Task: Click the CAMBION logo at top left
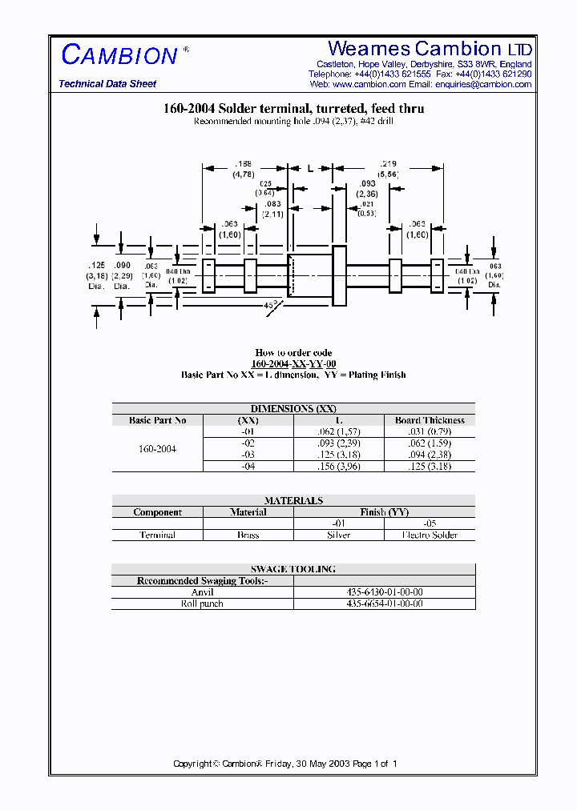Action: [119, 55]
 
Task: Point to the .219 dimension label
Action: [388, 164]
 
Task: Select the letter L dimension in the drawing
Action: [309, 169]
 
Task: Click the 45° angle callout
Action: [270, 305]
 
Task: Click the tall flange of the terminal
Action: [339, 275]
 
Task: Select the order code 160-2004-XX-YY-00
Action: [293, 363]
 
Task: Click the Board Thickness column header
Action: [430, 420]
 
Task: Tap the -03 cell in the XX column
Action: [248, 455]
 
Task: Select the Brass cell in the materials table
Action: [248, 535]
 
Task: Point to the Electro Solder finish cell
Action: [430, 535]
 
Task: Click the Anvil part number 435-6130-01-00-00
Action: [385, 592]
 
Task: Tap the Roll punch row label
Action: [202, 603]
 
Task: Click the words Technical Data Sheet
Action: [107, 84]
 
